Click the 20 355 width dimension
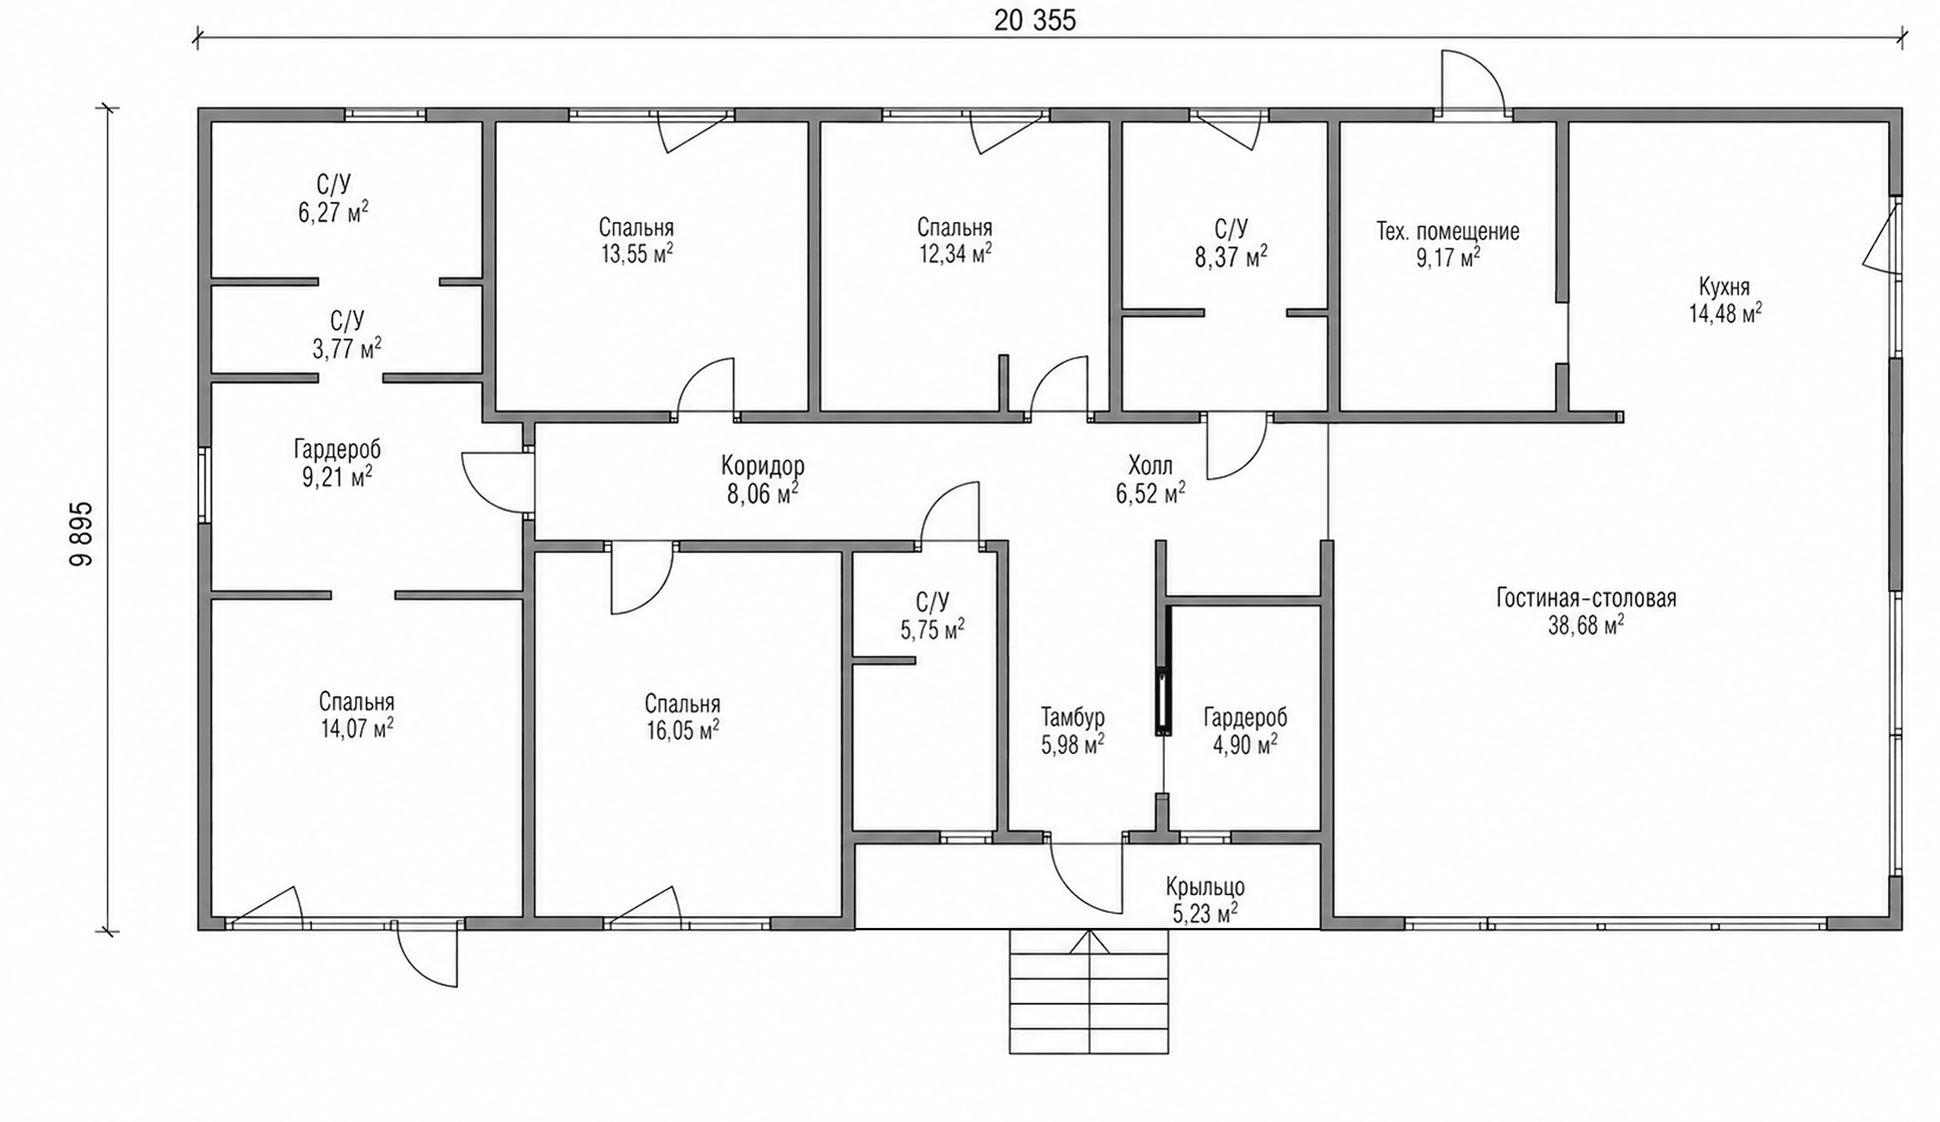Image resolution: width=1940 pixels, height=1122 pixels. (x=1035, y=21)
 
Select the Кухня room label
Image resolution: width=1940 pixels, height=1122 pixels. (x=1725, y=288)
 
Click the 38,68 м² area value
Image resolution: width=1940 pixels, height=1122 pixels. (x=1586, y=626)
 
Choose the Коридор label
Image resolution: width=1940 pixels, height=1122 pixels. (x=763, y=466)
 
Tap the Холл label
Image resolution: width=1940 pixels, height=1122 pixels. (x=1150, y=466)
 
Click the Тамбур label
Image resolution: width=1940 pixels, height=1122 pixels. (x=1073, y=717)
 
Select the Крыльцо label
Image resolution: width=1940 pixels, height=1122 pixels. (x=1205, y=887)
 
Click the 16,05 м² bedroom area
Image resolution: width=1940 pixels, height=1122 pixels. (x=683, y=730)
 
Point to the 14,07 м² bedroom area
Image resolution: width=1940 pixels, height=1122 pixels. (x=357, y=728)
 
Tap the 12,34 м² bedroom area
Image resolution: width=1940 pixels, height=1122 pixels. (x=955, y=253)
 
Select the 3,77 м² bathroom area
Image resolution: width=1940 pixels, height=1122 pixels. (x=346, y=349)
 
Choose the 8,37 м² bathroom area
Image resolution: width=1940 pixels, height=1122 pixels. (x=1231, y=257)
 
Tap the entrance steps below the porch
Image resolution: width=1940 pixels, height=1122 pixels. (x=1089, y=991)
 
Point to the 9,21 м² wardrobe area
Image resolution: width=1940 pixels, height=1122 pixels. (x=337, y=477)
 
